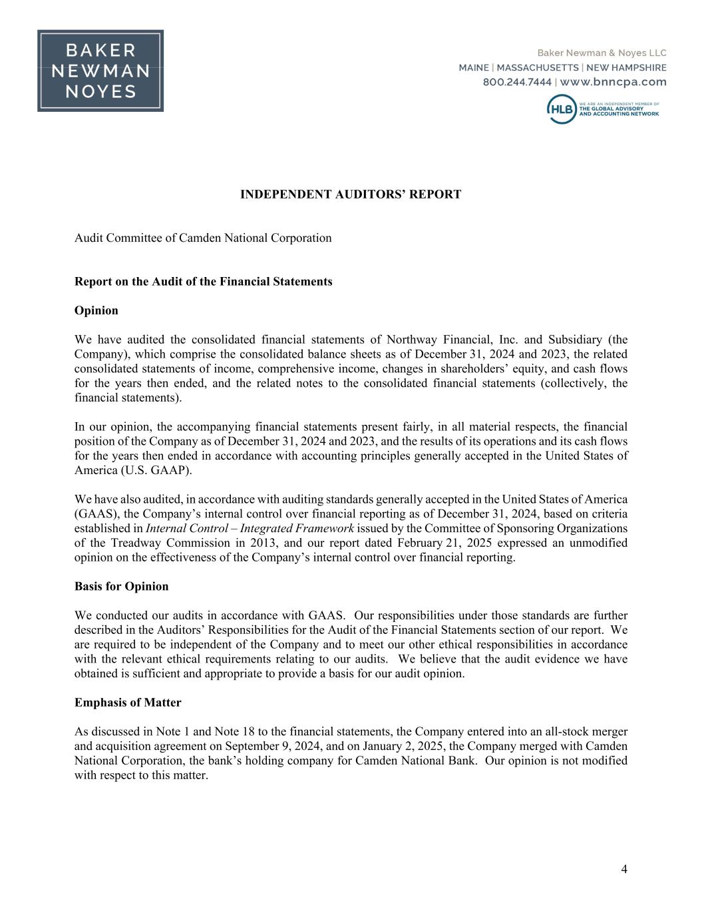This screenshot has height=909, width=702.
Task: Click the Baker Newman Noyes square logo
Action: coord(100,71)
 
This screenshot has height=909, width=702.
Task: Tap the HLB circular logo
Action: coord(561,109)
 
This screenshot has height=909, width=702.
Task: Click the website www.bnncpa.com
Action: coord(613,82)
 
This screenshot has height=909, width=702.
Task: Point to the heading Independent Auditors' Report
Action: coord(350,194)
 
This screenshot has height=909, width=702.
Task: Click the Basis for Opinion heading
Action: coord(121,586)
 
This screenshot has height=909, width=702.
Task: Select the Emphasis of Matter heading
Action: coord(128,703)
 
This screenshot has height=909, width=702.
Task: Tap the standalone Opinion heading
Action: coord(96,310)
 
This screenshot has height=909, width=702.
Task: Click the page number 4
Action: coord(623,868)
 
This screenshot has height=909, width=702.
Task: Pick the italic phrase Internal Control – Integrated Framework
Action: coord(250,528)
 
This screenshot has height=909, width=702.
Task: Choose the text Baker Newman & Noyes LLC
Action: coord(602,53)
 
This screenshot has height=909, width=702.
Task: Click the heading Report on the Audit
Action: coord(203,281)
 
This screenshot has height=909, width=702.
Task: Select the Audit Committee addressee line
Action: coord(203,238)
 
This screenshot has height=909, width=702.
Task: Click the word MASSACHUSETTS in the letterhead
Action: coord(537,67)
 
